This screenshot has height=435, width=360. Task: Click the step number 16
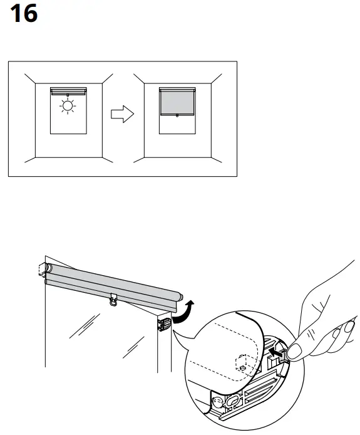24,14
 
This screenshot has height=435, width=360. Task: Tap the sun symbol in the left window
66,107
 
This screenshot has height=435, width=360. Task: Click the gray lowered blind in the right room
177,102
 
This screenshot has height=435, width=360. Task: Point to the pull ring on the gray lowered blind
177,115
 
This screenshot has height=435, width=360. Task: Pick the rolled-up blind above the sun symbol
67,90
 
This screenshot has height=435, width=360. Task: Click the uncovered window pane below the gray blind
177,125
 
